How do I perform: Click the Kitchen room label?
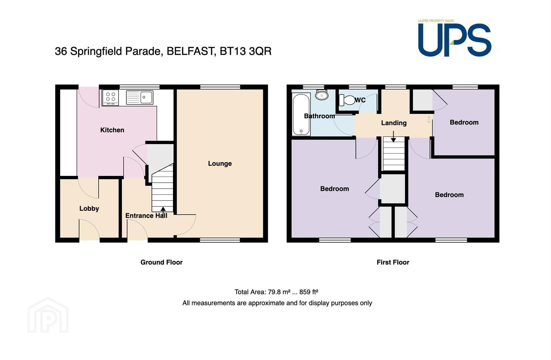(x=112, y=130)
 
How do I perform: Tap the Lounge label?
(x=220, y=164)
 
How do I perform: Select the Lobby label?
(x=89, y=209)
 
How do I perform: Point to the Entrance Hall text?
(x=146, y=216)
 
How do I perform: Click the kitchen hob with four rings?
(x=111, y=98)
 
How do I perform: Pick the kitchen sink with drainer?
(x=140, y=97)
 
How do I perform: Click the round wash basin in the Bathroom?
(x=322, y=95)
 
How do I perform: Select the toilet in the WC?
(x=347, y=100)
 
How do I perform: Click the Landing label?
(x=394, y=123)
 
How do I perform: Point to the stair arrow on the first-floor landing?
(x=393, y=137)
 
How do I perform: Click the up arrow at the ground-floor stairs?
(x=163, y=210)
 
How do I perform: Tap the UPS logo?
(x=455, y=39)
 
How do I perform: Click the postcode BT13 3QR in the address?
(x=245, y=51)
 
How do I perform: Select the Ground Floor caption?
(x=161, y=262)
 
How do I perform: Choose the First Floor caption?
(x=393, y=262)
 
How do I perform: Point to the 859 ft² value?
(x=309, y=292)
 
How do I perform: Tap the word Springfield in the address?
(x=96, y=52)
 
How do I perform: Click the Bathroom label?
(x=320, y=116)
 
